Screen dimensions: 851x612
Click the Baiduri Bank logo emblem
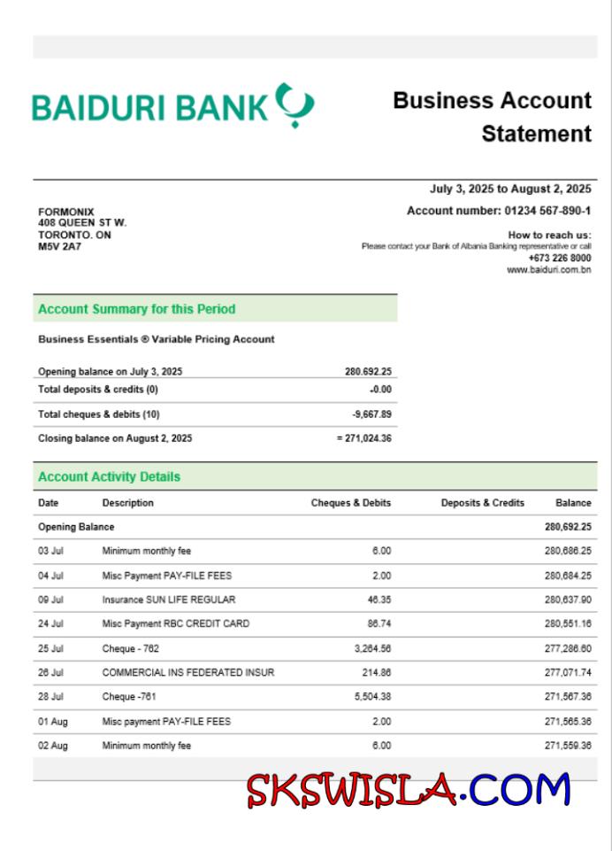point(295,104)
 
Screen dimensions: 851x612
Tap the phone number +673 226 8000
point(560,258)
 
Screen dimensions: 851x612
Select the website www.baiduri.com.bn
point(548,269)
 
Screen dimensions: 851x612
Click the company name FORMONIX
point(66,212)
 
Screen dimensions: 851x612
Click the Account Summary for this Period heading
point(137,309)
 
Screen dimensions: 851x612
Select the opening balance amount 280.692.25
point(368,372)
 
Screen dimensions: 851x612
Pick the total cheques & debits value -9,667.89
point(371,414)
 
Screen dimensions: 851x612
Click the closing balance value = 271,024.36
point(364,438)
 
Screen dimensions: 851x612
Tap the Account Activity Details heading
point(109,476)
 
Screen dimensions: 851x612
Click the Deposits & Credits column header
point(482,503)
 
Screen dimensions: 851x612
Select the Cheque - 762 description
point(131,648)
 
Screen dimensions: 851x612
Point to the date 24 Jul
point(50,623)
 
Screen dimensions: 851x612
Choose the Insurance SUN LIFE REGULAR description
point(169,600)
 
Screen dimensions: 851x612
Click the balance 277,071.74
point(568,672)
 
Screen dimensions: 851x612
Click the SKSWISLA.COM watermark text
point(409,790)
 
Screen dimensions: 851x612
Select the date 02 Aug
point(52,746)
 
